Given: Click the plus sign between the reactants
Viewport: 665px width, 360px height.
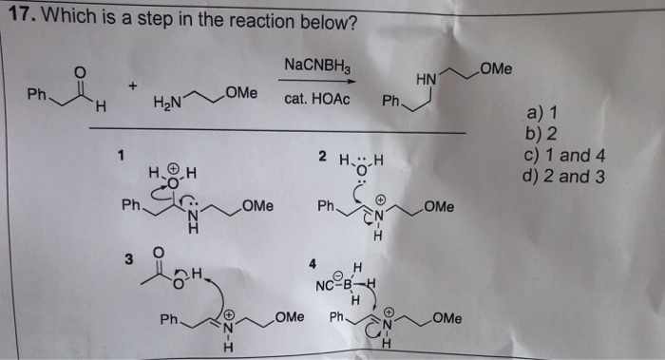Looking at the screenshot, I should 134,85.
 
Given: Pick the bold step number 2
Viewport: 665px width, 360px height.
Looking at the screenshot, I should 322,156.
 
